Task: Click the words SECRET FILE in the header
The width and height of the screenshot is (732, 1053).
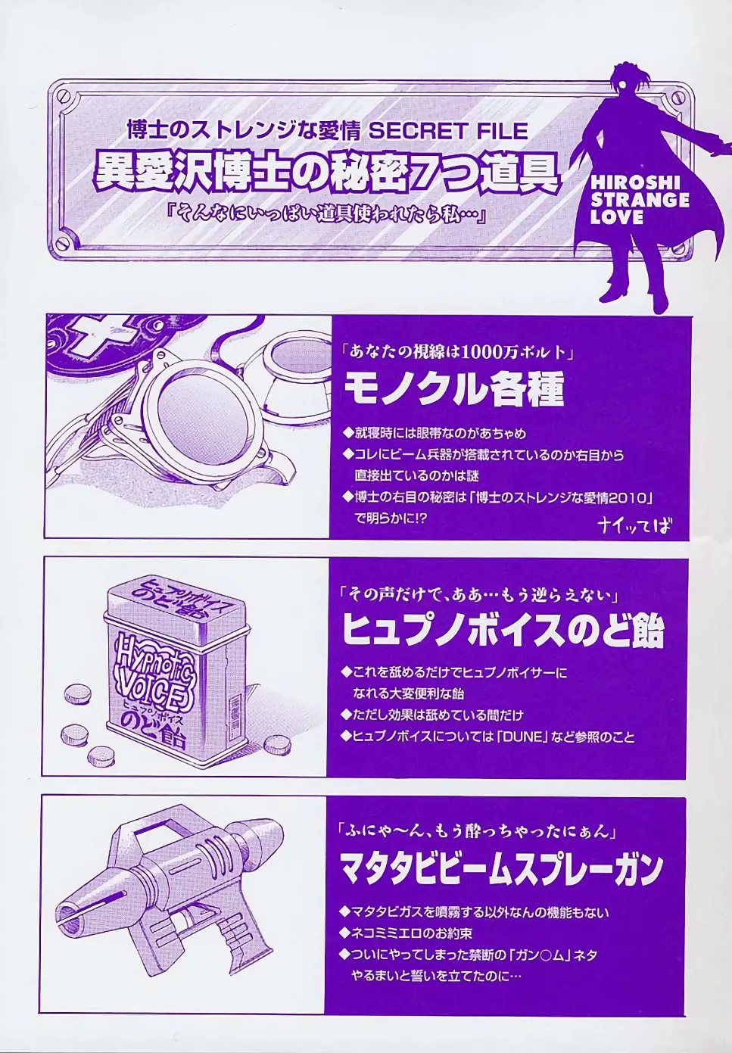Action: point(447,131)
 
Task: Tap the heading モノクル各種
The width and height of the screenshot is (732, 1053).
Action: point(454,391)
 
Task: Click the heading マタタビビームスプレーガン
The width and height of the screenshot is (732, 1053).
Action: point(503,870)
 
